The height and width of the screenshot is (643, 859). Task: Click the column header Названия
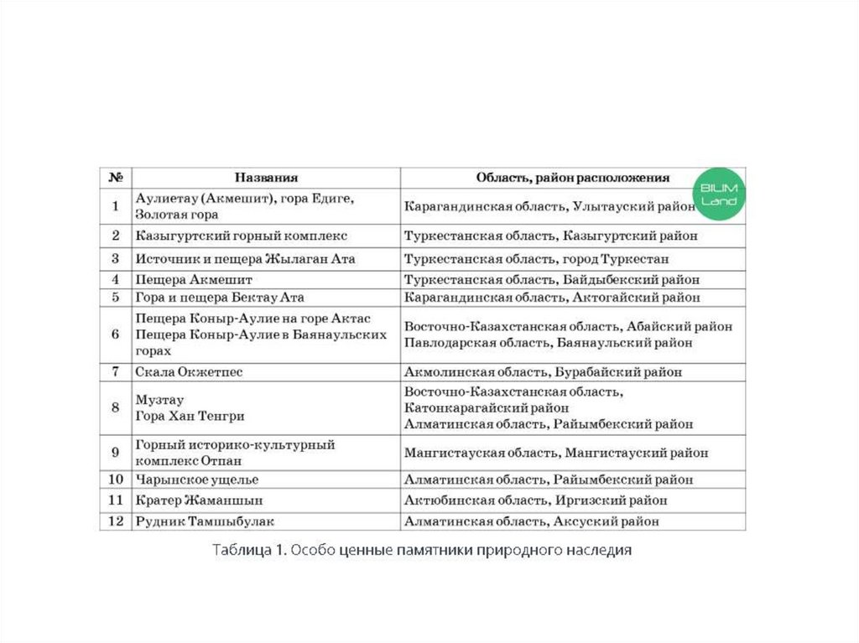coord(266,178)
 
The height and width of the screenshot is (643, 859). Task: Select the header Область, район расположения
coord(573,178)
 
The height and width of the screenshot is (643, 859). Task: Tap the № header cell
coord(116,178)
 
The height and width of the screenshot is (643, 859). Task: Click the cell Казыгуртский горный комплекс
coord(242,236)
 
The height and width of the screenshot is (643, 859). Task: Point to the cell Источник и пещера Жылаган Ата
coord(245,259)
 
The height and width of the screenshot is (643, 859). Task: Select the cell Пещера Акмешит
coord(194,280)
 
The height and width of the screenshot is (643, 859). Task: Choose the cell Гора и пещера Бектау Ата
coord(219,298)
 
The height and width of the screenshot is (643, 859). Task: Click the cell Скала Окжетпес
coord(189,371)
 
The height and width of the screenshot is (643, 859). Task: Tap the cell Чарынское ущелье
coord(196,480)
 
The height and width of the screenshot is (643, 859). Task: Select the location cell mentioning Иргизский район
coord(536,500)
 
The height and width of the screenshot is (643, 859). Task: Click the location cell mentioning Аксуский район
coord(531,521)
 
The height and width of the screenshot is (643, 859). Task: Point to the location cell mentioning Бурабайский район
coord(543,371)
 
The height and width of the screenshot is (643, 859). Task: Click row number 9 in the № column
coord(116,453)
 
